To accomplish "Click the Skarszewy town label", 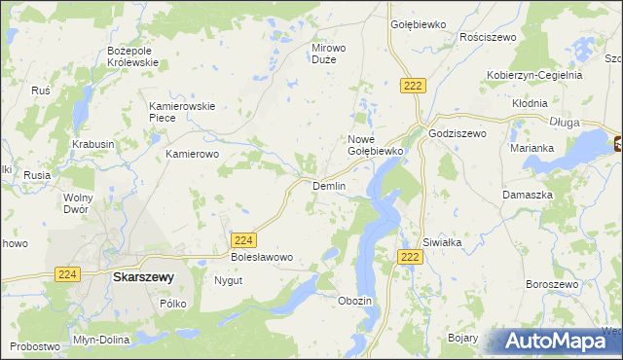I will pyautogui.click(x=143, y=276).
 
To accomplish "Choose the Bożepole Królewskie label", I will pyautogui.click(x=132, y=55).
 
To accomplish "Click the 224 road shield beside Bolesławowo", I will pyautogui.click(x=244, y=239).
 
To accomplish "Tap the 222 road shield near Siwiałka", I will pyautogui.click(x=409, y=256).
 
